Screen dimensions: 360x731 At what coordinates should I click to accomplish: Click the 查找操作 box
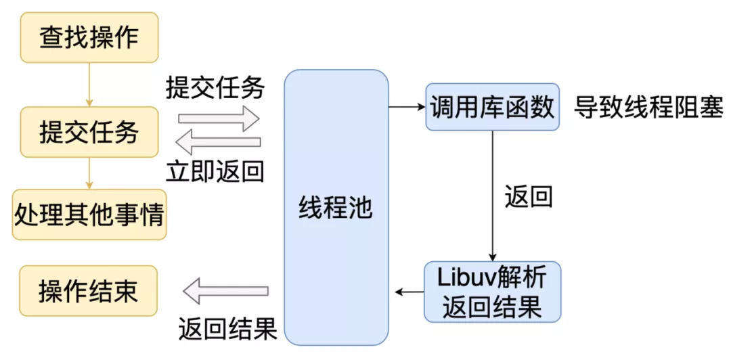(x=89, y=37)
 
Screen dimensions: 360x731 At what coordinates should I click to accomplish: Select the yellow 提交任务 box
(x=89, y=131)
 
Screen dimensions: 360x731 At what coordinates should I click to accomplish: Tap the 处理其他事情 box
(x=89, y=216)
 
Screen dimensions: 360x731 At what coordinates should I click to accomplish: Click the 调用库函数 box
(x=492, y=107)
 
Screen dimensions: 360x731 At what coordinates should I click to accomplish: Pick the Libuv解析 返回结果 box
(x=492, y=292)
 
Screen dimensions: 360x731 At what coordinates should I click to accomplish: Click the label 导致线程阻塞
(x=648, y=107)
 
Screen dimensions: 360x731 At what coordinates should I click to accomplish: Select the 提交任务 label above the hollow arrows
(x=215, y=88)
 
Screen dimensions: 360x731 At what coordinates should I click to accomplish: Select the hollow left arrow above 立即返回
(x=219, y=143)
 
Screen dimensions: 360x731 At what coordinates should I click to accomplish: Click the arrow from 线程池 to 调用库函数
(x=406, y=107)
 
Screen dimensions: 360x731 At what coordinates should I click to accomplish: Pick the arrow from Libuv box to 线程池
(x=409, y=292)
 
